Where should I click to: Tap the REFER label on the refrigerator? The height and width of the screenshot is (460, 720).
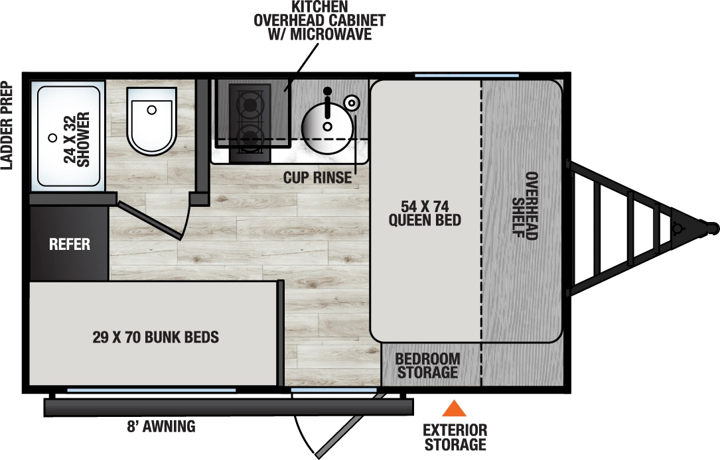pyautogui.click(x=70, y=245)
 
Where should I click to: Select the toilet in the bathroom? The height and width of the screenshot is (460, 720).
pyautogui.click(x=152, y=119)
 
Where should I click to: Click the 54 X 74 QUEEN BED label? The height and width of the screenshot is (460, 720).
pyautogui.click(x=425, y=211)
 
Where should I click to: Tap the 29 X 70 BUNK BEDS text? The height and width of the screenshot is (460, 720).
pyautogui.click(x=156, y=337)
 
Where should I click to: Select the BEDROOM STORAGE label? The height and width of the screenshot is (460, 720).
pyautogui.click(x=427, y=365)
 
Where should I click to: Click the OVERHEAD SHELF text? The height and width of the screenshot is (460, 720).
pyautogui.click(x=524, y=205)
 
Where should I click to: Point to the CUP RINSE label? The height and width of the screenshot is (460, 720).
pyautogui.click(x=317, y=178)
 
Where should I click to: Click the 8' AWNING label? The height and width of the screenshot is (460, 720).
pyautogui.click(x=161, y=427)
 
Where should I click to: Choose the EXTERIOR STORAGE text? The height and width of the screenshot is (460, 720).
pyautogui.click(x=455, y=437)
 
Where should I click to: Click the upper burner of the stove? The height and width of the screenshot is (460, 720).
pyautogui.click(x=250, y=105)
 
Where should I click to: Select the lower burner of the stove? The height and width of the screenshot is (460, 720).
pyautogui.click(x=250, y=139)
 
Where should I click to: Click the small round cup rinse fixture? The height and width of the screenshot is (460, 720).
pyautogui.click(x=352, y=102)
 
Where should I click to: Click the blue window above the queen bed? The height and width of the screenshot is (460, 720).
pyautogui.click(x=448, y=75)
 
